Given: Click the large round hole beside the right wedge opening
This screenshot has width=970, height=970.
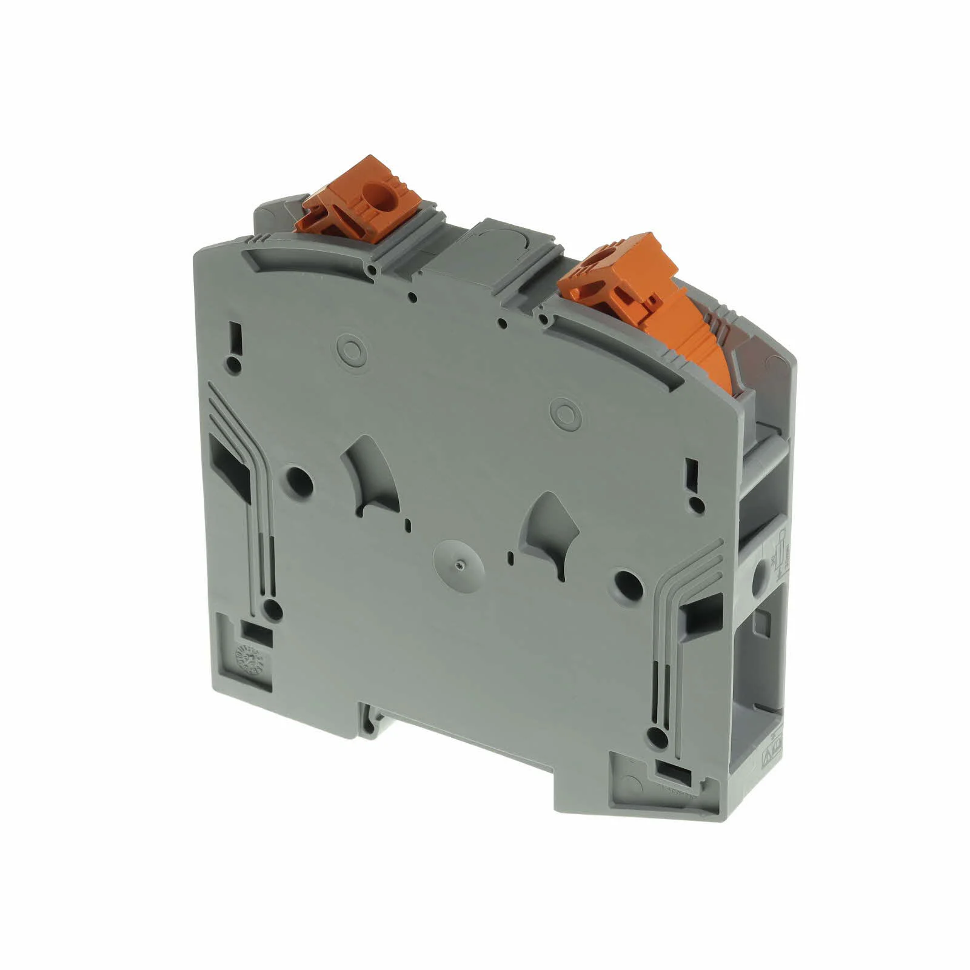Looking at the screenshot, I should [x=628, y=581].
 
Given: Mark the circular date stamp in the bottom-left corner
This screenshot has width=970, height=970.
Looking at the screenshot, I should [x=247, y=657].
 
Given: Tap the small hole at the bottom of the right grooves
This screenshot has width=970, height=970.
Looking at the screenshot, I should [x=654, y=737].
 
